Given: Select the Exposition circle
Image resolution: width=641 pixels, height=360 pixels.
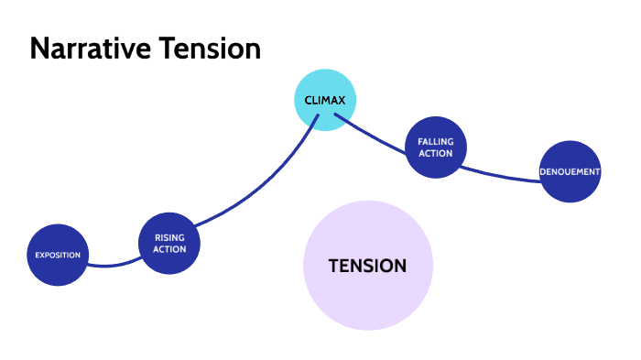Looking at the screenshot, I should click(58, 255).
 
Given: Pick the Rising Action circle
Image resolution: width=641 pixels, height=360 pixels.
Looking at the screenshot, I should click(168, 243).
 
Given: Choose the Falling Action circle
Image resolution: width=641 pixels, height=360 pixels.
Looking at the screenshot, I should click(436, 147).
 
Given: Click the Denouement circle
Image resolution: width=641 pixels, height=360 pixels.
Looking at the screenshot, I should click(570, 171).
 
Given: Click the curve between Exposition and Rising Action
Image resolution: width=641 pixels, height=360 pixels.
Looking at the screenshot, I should click(110, 266).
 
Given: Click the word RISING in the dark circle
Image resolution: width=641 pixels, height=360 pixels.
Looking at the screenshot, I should click(169, 237).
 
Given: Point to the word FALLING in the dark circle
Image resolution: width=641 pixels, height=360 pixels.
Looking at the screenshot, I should click(436, 142).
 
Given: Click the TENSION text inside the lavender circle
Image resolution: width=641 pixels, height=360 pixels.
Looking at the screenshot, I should click(367, 266).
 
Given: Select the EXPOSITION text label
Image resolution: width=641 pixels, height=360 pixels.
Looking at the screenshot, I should click(58, 255).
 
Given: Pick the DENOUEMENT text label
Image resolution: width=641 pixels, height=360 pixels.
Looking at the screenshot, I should click(570, 171).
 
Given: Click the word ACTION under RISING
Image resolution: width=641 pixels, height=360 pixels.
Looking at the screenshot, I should click(169, 248).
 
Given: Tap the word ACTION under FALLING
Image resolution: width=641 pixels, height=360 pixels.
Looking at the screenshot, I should click(436, 153).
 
